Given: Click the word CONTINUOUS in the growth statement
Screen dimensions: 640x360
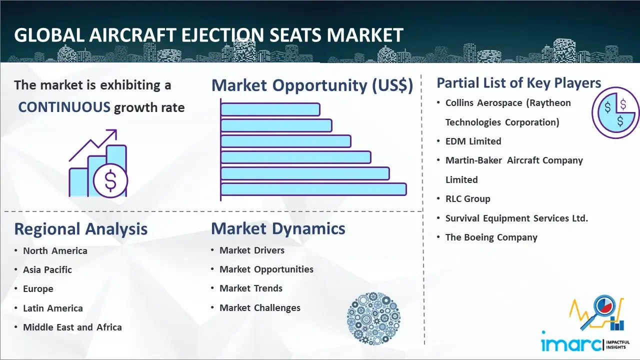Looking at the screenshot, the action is tap(64, 107).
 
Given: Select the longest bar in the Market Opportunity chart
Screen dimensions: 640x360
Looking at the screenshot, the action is tap(313, 189).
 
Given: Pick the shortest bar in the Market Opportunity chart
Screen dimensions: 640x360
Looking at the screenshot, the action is tap(270, 109).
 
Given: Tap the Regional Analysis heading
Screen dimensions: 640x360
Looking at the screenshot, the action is tap(81, 229).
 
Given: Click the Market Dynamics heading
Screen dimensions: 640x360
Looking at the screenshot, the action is tap(278, 228).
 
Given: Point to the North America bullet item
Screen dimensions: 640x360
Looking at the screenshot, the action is tap(55, 250).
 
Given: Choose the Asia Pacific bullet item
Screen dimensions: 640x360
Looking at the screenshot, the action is tap(47, 269).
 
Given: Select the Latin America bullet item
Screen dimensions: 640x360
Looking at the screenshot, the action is tap(53, 308).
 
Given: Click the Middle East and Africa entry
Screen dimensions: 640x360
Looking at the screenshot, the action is tap(72, 327).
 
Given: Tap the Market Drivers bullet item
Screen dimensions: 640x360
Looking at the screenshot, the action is tap(252, 250).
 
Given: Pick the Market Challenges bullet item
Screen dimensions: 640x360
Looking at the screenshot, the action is tap(260, 307).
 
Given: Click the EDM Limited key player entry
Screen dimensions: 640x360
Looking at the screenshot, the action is tap(473, 141).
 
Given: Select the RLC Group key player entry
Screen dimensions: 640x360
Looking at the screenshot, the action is tap(467, 199).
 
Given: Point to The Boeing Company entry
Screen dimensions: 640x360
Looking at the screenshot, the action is tap(491, 237).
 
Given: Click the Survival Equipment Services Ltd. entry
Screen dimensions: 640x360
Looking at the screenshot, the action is tap(516, 218).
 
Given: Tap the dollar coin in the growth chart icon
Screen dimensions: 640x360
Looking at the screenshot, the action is tap(110, 180).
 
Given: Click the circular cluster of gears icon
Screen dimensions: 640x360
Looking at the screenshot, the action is tap(373, 318).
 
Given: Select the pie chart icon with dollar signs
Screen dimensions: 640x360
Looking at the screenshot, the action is tap(615, 112).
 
